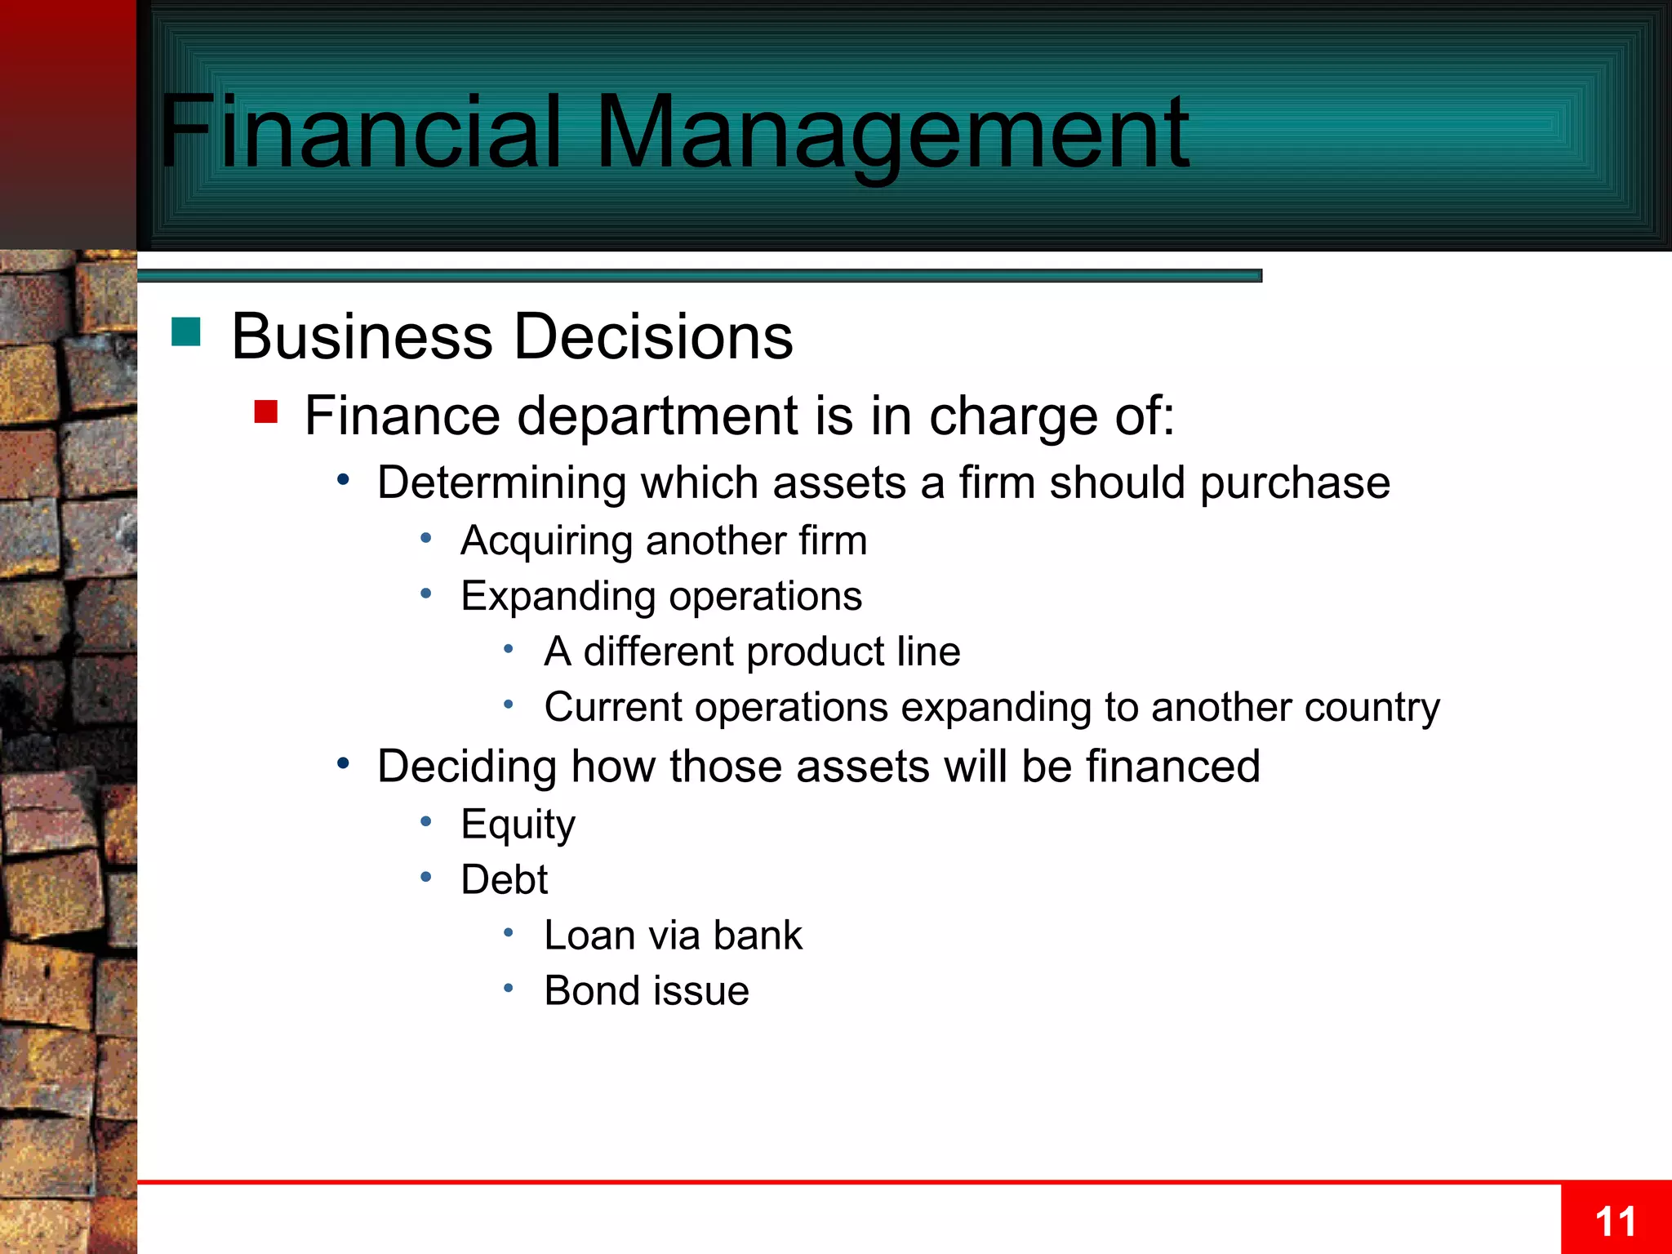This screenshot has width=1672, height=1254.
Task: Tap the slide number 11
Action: click(1615, 1222)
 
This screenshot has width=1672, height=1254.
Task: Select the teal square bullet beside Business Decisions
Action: click(186, 332)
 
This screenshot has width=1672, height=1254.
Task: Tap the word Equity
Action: click(518, 825)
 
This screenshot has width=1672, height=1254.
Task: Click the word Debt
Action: click(504, 880)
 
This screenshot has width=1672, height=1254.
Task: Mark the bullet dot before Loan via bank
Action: click(508, 932)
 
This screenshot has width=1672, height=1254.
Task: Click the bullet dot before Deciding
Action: click(344, 764)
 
